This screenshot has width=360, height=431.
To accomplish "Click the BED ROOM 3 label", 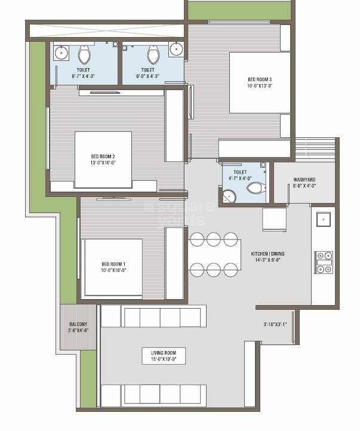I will [260, 79].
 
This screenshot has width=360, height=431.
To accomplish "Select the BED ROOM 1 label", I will [113, 264].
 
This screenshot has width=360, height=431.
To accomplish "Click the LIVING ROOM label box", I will [163, 356].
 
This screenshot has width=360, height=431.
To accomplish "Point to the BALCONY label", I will [78, 324].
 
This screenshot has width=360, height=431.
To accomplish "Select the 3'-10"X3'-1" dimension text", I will [275, 325].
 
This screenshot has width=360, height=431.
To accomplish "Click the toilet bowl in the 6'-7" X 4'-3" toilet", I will [84, 56].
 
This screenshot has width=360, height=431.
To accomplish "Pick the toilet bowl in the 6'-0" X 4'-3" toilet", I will [153, 56].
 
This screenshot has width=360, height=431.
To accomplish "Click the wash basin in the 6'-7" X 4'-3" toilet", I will [61, 53].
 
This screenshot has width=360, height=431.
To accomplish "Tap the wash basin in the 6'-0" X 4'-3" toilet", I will [176, 50].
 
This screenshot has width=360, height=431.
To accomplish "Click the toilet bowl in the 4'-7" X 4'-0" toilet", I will [256, 188].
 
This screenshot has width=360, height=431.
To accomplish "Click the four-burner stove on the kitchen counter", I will [324, 262].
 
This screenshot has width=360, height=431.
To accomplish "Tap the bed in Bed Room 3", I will [260, 82].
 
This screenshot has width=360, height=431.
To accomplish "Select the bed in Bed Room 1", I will [113, 268].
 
